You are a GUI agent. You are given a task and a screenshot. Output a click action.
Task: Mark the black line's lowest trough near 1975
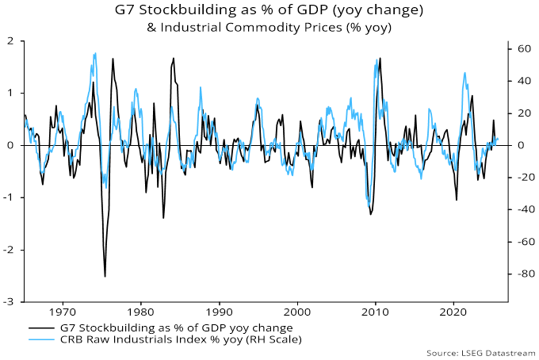[x=105, y=276]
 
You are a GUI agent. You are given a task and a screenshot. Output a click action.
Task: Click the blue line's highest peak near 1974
[x=96, y=53]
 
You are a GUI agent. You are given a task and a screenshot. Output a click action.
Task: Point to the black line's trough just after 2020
[x=457, y=200]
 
